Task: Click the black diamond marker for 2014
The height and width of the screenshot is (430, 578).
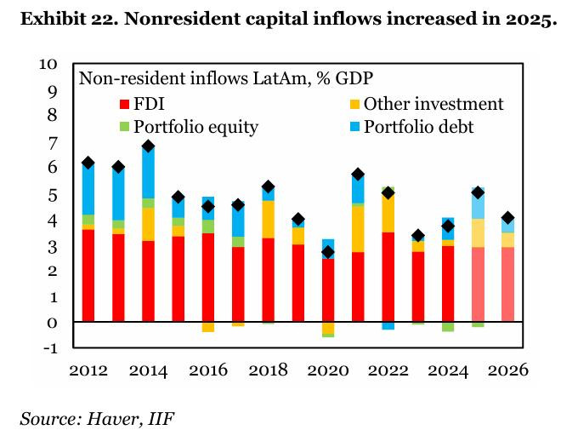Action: coord(148,146)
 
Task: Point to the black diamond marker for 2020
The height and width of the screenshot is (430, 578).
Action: coord(327,252)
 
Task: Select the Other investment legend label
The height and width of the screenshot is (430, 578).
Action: coord(433,105)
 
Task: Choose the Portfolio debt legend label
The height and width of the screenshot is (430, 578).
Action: coord(418,128)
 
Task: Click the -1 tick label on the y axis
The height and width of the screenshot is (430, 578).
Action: coord(48,347)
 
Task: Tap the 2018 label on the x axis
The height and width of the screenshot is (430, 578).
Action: coord(267,371)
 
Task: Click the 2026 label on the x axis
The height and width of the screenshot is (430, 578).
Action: coord(507,371)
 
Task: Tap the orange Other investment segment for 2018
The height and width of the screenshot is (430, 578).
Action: coord(267,219)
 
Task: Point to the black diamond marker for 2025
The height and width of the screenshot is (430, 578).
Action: coord(478,192)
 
